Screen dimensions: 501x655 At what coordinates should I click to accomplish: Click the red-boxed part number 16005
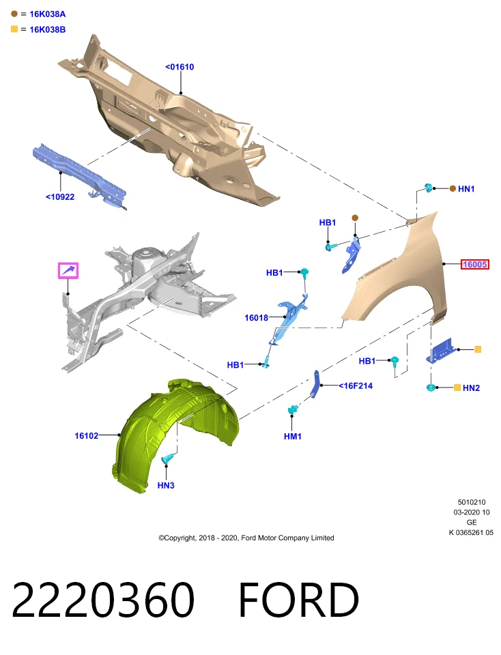pyautogui.click(x=474, y=264)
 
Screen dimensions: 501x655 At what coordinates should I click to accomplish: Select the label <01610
pyautogui.click(x=180, y=67)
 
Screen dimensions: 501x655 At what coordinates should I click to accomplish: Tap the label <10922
pyautogui.click(x=60, y=196)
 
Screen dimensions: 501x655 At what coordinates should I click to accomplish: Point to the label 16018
pyautogui.click(x=256, y=317)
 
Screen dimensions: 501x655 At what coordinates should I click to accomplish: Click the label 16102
pyautogui.click(x=87, y=436)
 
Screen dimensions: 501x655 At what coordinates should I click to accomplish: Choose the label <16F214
pyautogui.click(x=356, y=386)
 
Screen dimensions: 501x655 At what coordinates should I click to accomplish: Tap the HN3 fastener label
pyautogui.click(x=166, y=485)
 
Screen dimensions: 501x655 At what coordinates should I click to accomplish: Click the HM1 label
pyautogui.click(x=293, y=436)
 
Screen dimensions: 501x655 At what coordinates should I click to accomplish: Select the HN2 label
pyautogui.click(x=472, y=388)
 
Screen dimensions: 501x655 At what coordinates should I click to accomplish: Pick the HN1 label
pyautogui.click(x=466, y=189)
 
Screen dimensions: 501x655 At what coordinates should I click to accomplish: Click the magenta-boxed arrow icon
pyautogui.click(x=68, y=271)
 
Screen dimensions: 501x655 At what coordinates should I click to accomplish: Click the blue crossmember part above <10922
pyautogui.click(x=79, y=175)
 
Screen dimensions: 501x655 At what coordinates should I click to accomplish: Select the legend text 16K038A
pyautogui.click(x=48, y=14)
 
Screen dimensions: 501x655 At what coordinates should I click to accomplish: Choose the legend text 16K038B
pyautogui.click(x=48, y=29)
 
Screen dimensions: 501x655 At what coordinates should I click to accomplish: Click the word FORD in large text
pyautogui.click(x=298, y=600)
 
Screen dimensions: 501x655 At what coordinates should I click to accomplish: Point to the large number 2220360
pyautogui.click(x=103, y=600)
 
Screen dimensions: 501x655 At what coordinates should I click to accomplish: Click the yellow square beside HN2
pyautogui.click(x=457, y=388)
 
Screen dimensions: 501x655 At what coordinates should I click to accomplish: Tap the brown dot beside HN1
pyautogui.click(x=453, y=189)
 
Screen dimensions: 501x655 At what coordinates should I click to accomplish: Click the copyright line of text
pyautogui.click(x=246, y=538)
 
